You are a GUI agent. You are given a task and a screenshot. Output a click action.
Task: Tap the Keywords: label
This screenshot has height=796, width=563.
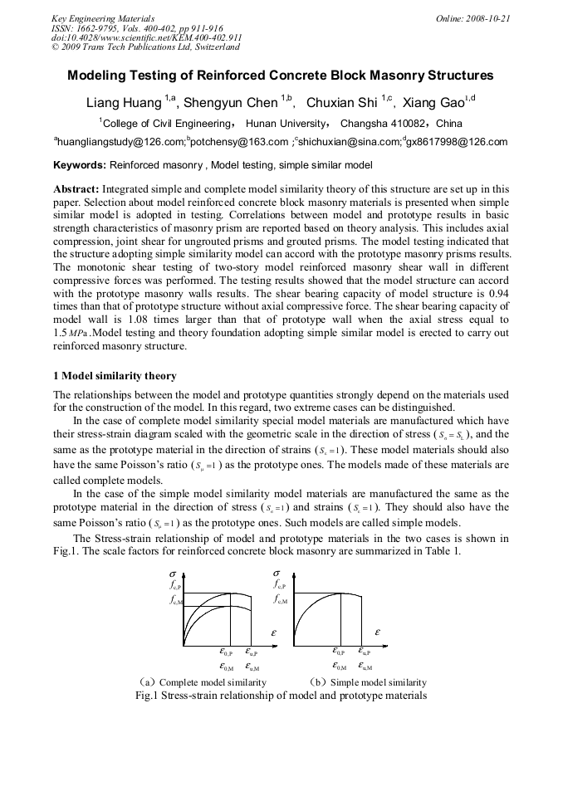pos(79,165)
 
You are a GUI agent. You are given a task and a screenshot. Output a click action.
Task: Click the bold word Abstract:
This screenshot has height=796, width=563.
pos(76,189)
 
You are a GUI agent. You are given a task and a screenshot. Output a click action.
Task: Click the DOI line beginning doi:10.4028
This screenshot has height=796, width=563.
pos(146,37)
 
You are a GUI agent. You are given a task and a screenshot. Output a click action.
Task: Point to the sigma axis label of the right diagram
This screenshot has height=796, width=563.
pos(277,573)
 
